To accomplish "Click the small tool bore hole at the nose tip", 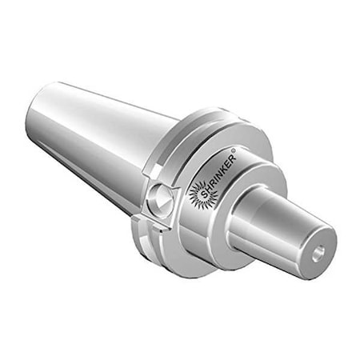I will point(319,252).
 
